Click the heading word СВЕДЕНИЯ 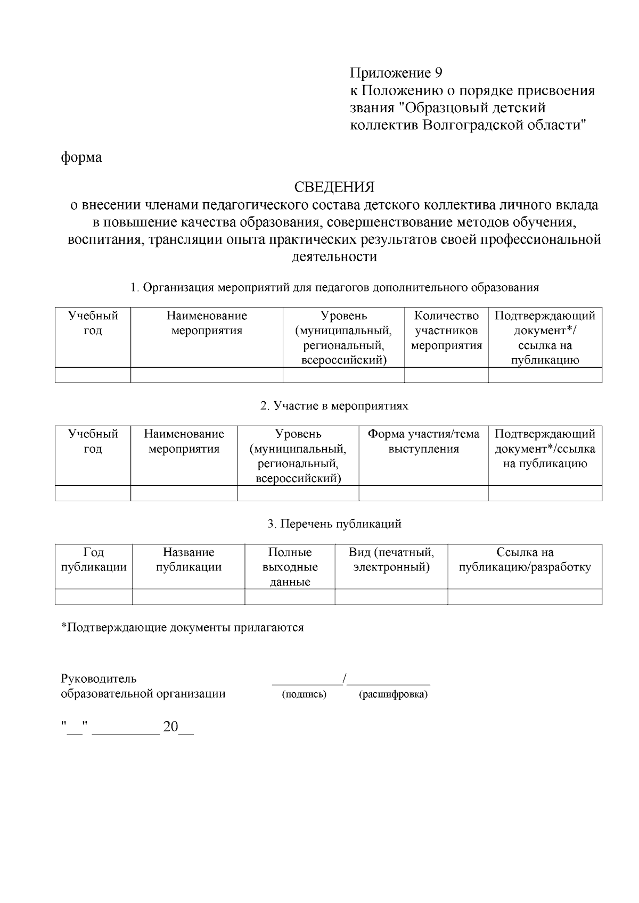(334, 187)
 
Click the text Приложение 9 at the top (396, 72)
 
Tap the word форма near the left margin (81, 158)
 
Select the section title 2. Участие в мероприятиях (334, 406)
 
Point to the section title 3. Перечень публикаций (334, 524)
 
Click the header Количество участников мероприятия (446, 331)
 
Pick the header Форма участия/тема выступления (423, 442)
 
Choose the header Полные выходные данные (290, 567)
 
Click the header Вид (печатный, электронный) (391, 560)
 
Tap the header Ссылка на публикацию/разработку (525, 560)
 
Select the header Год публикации (94, 560)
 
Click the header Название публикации (189, 560)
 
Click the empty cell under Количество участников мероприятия (446, 375)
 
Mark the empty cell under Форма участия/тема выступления (423, 493)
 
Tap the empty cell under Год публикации (94, 597)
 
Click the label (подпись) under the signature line (304, 694)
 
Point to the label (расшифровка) (393, 694)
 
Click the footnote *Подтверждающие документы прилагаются (183, 628)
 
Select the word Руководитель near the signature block (99, 679)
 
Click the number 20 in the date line (170, 727)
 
